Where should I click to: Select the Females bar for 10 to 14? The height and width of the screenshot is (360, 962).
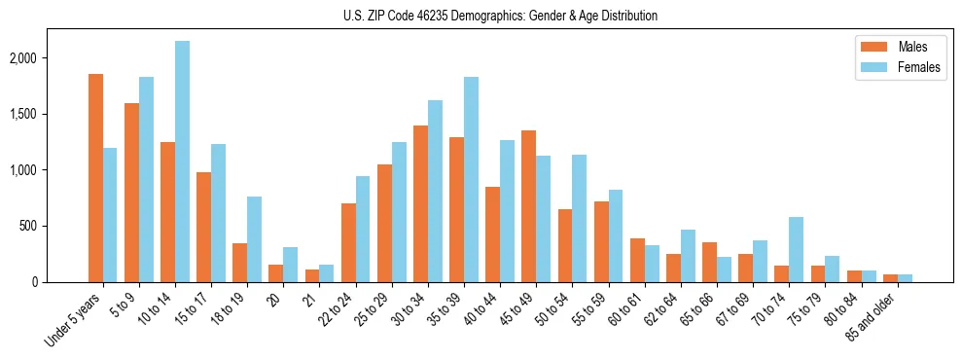pos(182,162)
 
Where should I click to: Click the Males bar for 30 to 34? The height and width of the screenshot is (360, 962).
pos(420,203)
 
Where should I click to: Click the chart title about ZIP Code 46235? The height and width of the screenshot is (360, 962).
pos(500,16)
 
